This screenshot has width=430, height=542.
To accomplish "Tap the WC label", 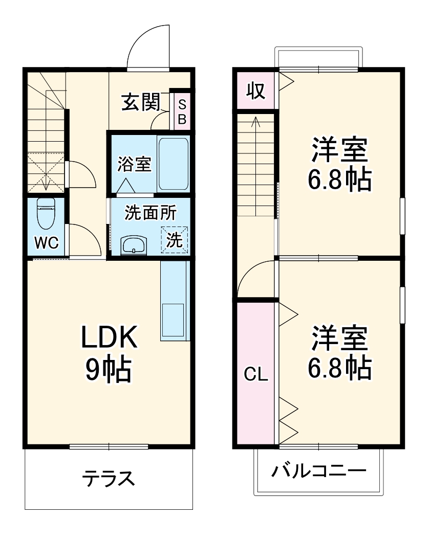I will pos(47,243).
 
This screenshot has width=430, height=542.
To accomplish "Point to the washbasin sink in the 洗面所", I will pos(134,245).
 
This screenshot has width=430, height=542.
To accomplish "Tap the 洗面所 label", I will pos(150,213).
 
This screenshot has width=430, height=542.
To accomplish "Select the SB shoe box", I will pos(182,111).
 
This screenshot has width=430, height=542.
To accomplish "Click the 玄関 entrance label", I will pos(140,102).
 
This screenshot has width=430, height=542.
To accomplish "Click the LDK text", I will pos(109,338).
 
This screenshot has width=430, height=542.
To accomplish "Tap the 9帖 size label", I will pos(109,369).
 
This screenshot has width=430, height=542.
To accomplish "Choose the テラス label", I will pos(109,479).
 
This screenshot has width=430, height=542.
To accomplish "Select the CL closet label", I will pos(256,375).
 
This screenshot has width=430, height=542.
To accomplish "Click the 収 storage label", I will pos(255,91).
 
